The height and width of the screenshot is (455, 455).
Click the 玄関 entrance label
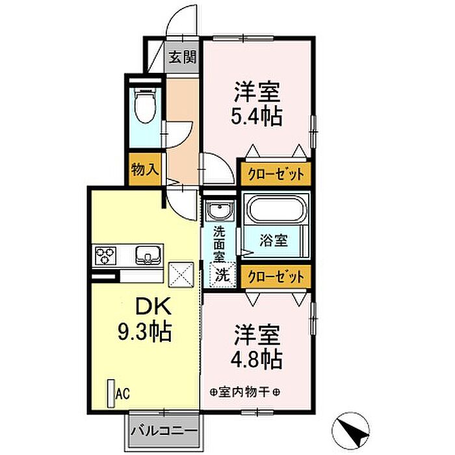coord(183,57)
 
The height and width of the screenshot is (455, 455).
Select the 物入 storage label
coord(144,170)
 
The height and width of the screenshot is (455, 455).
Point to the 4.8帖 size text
coord(257,358)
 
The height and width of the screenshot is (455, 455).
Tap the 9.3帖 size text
coord(145,333)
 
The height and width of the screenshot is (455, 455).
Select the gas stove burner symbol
coord(105,255)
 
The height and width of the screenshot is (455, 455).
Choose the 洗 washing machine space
coord(222,275)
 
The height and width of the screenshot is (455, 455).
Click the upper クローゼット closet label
coord(276,174)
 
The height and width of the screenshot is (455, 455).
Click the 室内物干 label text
coord(245,392)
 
